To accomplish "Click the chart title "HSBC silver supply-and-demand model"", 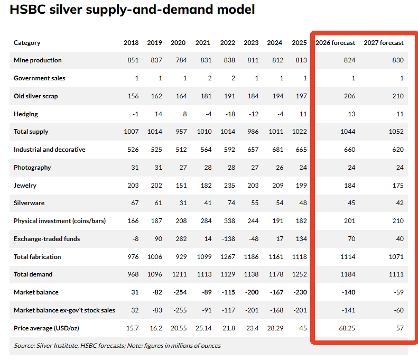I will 132,10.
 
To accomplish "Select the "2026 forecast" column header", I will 335,43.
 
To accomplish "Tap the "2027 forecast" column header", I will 383,43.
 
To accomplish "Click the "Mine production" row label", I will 38,60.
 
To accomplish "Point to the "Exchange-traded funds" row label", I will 47,239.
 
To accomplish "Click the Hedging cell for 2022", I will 228,114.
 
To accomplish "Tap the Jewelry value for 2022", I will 228,186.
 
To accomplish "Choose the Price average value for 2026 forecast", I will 347,328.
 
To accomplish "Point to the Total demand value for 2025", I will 299,274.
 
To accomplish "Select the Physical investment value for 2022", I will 228,221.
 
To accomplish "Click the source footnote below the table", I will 118,346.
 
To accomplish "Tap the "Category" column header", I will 27,43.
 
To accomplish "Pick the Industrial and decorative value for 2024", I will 275,150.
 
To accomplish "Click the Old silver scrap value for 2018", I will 133,96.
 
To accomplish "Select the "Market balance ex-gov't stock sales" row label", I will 64,310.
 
